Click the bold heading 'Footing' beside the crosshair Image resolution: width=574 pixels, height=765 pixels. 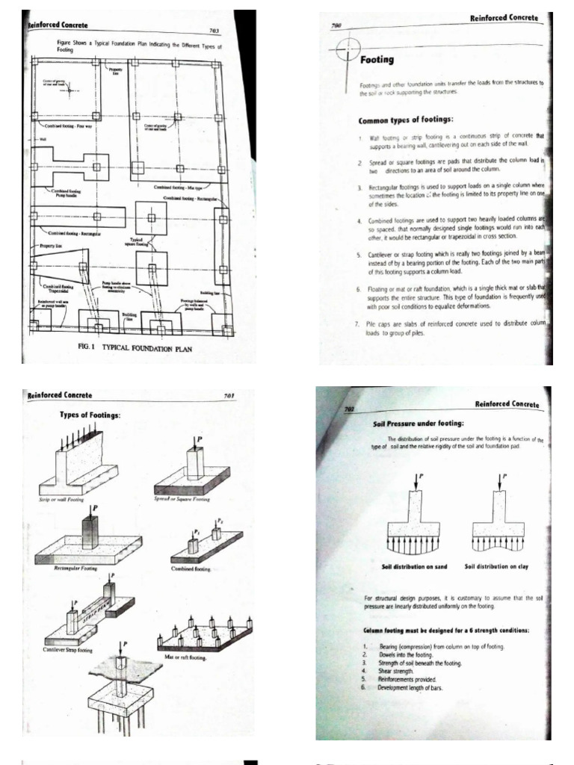[377, 59]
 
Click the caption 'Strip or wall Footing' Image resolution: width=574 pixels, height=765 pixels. [61, 499]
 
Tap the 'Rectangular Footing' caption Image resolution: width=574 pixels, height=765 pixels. [78, 569]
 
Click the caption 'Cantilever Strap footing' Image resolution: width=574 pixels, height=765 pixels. [69, 650]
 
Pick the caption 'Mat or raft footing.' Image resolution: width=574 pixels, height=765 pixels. [186, 657]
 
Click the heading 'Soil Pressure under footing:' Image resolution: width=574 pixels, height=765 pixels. [419, 424]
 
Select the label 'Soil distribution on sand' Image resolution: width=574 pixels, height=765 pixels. [414, 566]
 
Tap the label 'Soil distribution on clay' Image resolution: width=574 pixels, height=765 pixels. [496, 566]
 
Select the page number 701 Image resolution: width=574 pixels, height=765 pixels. [229, 395]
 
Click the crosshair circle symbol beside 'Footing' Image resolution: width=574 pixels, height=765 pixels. [349, 51]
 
